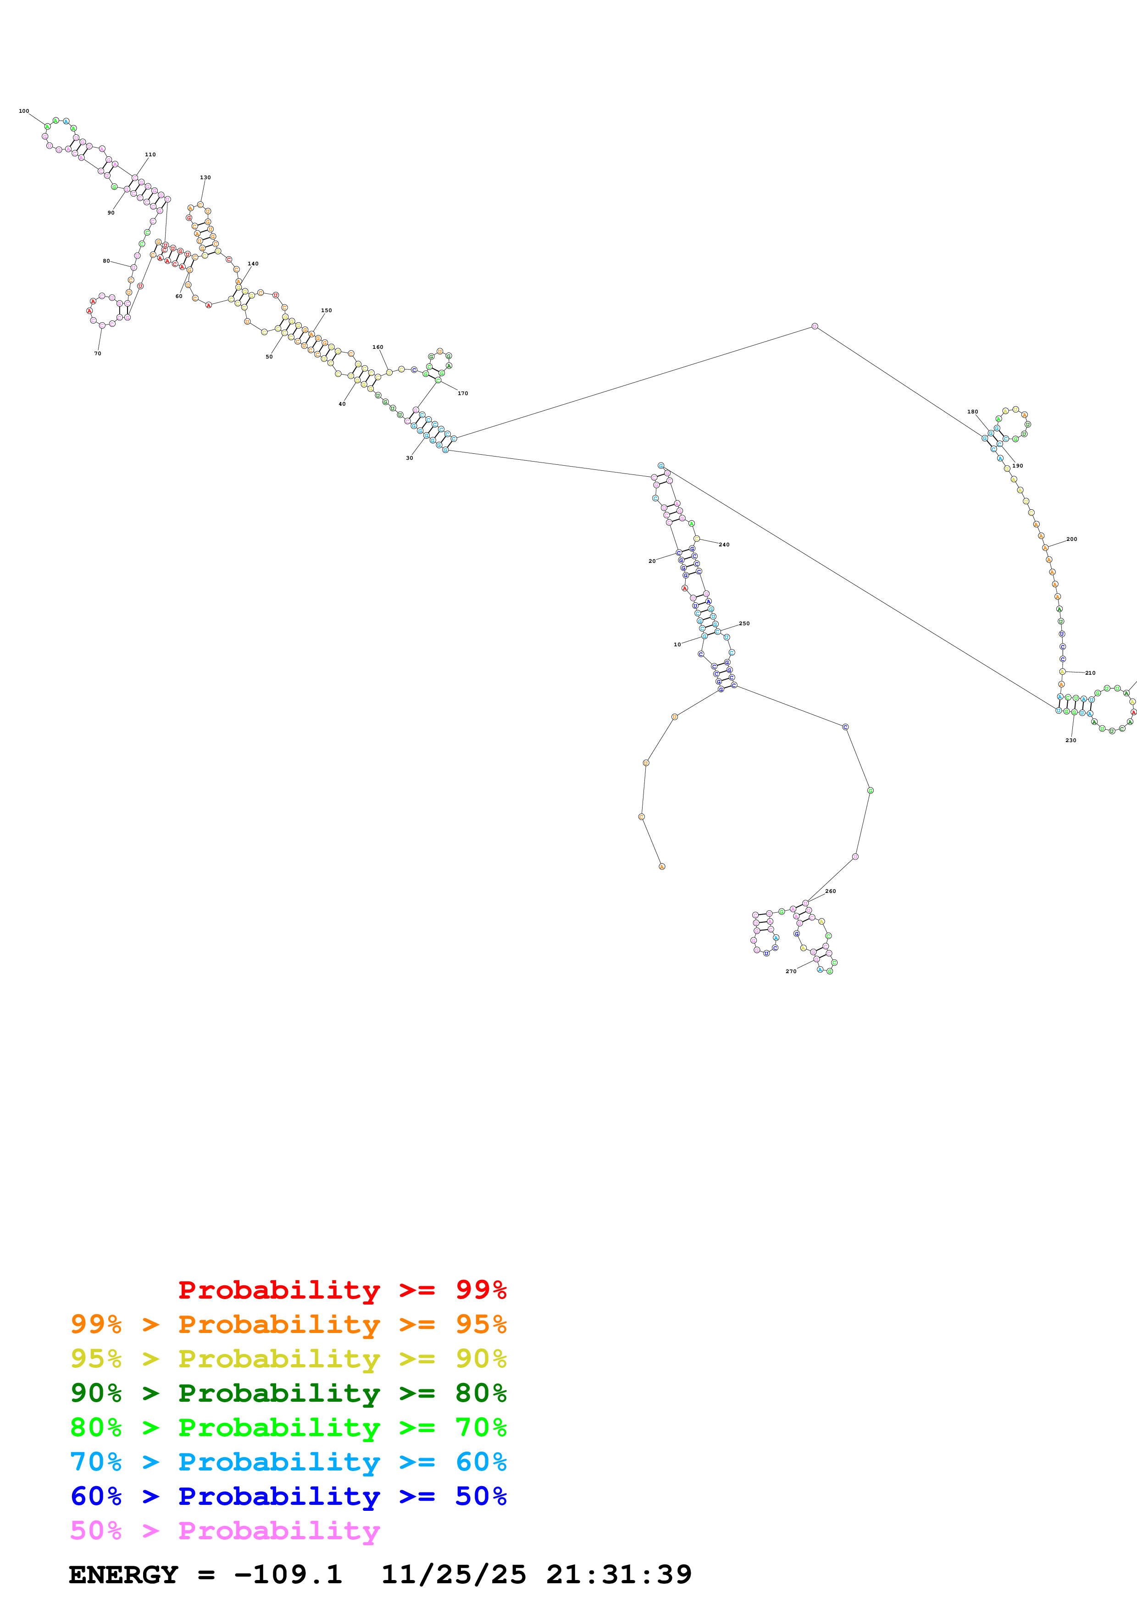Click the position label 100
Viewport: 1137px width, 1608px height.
24,110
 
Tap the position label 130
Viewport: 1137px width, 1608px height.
205,177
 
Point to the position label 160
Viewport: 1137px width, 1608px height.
377,347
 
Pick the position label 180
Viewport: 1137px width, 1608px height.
972,412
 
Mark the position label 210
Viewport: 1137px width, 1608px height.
1090,672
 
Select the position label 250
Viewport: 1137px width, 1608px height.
744,623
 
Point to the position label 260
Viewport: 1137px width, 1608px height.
830,891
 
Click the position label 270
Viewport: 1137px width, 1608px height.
791,971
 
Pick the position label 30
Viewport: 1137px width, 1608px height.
409,457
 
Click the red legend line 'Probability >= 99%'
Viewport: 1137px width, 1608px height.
342,1289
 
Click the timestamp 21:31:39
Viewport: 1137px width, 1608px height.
619,1575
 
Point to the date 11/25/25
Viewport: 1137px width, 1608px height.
453,1575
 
